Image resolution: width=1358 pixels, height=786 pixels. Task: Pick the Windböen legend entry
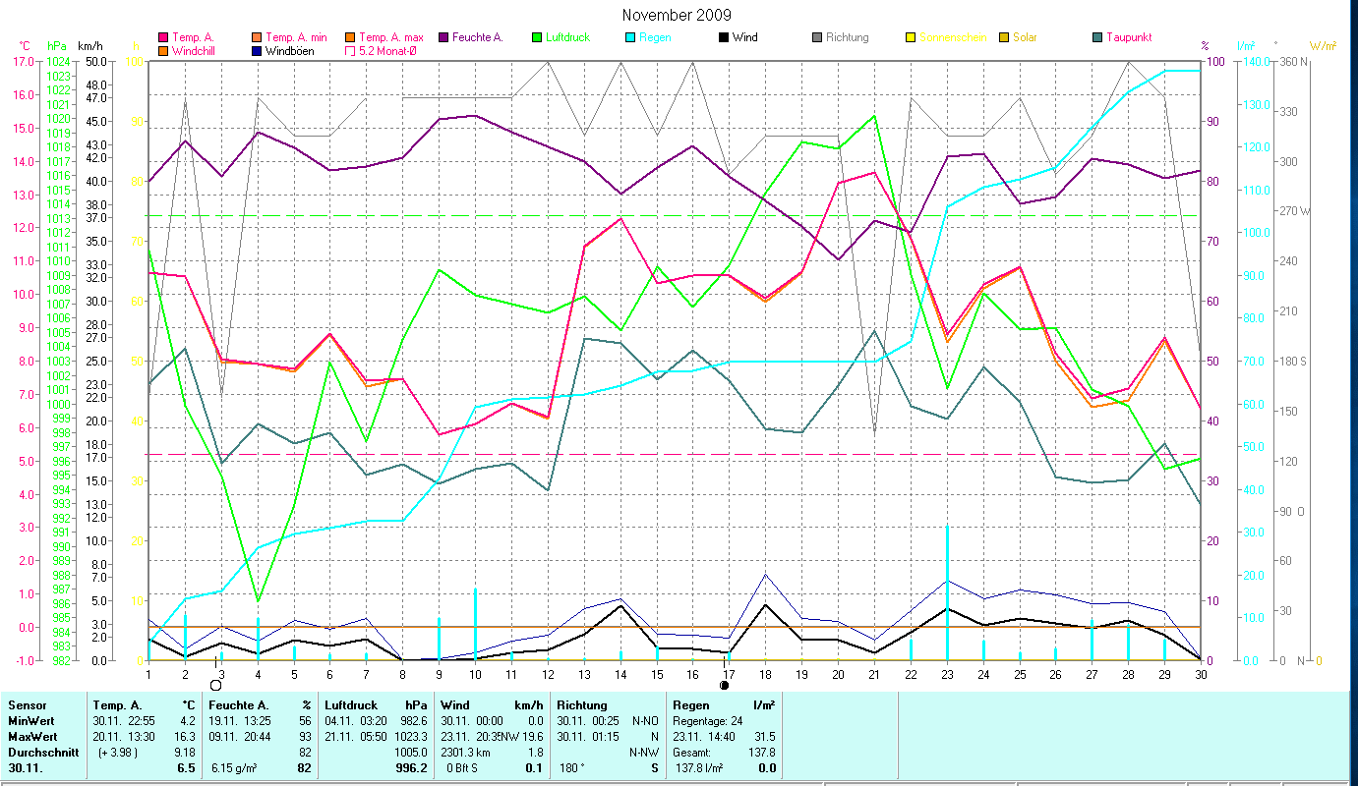click(289, 50)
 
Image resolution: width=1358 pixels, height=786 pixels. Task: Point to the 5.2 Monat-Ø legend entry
click(385, 50)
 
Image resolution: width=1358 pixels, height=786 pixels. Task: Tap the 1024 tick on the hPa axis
click(58, 61)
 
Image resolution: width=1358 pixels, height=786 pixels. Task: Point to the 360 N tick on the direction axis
click(1291, 61)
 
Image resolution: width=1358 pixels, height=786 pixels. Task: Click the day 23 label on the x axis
click(946, 673)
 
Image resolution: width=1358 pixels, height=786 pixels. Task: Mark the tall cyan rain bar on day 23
click(947, 589)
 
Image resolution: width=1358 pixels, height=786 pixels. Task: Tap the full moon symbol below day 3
click(215, 685)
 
